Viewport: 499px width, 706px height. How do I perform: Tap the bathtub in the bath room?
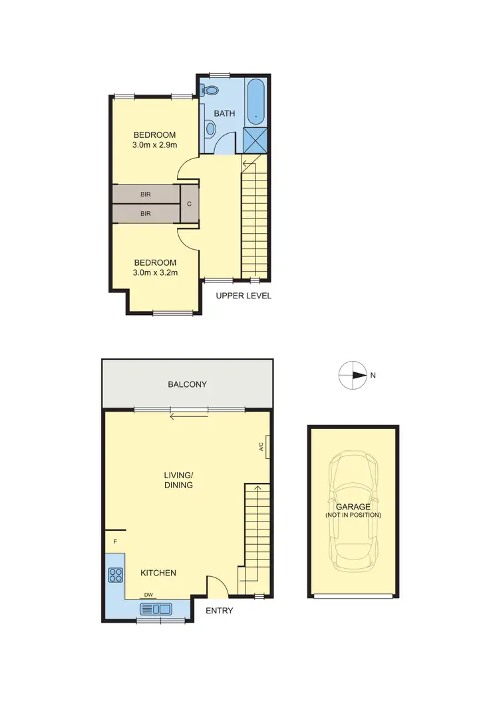click(x=255, y=103)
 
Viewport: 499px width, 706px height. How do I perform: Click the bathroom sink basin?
click(x=210, y=127)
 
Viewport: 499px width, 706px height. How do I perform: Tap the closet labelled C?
click(x=190, y=204)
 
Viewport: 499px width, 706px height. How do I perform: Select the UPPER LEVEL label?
click(x=244, y=296)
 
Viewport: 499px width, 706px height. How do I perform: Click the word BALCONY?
click(x=187, y=384)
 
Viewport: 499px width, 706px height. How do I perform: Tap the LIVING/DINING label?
click(x=179, y=480)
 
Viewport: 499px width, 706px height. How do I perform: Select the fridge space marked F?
click(x=115, y=541)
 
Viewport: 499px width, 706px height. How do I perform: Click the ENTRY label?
click(x=219, y=611)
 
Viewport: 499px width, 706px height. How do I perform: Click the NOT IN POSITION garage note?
click(x=353, y=515)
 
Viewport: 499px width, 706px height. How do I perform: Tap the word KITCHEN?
click(x=158, y=573)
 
